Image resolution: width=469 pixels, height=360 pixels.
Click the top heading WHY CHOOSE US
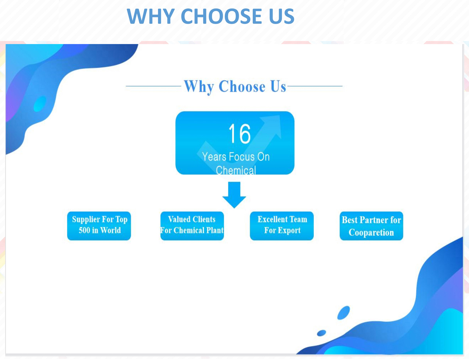click(210, 16)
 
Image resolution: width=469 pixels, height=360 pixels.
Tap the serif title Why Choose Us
click(235, 87)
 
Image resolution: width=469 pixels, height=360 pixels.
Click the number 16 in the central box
click(240, 134)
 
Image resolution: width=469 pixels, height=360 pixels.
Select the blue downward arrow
click(234, 195)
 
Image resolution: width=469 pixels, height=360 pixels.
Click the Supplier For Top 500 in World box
click(99, 226)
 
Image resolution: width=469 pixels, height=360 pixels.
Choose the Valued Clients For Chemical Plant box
click(192, 226)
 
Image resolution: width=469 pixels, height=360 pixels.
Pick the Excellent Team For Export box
click(282, 226)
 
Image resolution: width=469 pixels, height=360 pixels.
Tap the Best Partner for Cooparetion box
click(371, 226)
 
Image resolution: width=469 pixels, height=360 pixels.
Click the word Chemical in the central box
click(236, 170)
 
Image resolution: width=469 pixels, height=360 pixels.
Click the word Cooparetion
click(371, 233)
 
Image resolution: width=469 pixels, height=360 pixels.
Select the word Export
click(289, 231)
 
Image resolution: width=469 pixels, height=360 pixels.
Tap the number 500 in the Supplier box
click(84, 230)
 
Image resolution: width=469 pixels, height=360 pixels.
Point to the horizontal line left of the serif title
click(154, 86)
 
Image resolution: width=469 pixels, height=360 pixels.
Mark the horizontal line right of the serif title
click(315, 86)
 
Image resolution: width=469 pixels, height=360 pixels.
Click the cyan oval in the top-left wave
click(40, 104)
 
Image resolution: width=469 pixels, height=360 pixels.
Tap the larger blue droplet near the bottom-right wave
click(344, 313)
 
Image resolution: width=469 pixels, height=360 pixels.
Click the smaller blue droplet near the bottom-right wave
click(321, 333)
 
